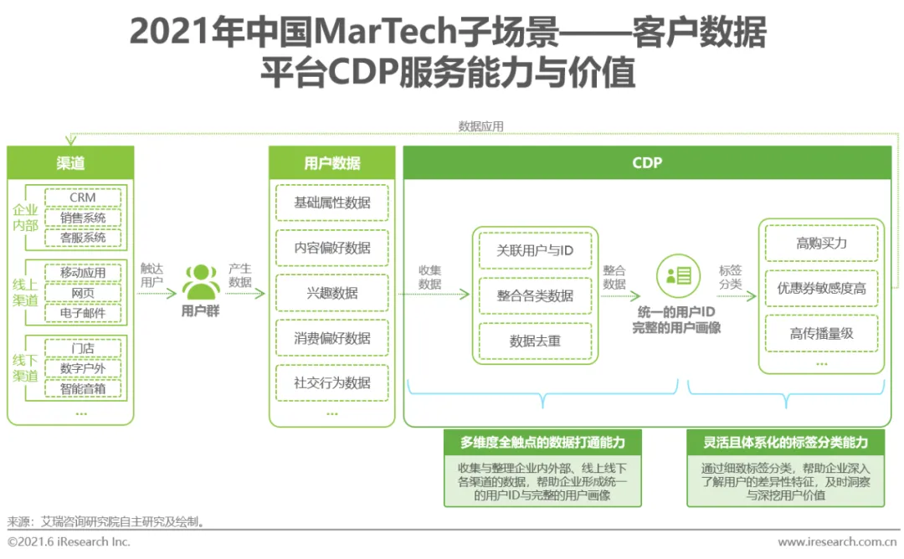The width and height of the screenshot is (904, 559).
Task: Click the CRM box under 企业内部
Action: click(x=83, y=197)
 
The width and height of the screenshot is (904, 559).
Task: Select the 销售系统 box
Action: click(x=83, y=218)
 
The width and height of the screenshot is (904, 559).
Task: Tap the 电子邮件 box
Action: click(x=83, y=314)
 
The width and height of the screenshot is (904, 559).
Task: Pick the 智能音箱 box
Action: click(x=83, y=388)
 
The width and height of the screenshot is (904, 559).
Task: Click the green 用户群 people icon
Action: click(x=201, y=282)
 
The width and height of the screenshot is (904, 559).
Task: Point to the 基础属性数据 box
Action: click(x=331, y=203)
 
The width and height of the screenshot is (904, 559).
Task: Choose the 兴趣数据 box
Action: click(x=331, y=293)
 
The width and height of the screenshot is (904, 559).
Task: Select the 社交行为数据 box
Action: click(x=331, y=383)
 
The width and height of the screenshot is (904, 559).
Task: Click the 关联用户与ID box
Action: click(x=535, y=250)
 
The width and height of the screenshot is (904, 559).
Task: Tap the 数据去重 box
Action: click(x=535, y=341)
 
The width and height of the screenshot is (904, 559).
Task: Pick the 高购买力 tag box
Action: click(x=821, y=243)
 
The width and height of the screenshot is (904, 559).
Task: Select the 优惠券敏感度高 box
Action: click(x=821, y=288)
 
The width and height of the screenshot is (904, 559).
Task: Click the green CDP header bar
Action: click(x=647, y=163)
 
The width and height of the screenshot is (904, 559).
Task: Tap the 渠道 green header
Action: click(x=70, y=163)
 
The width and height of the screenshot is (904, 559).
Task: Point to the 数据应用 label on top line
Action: click(x=481, y=126)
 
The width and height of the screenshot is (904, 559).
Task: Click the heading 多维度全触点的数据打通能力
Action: click(x=542, y=442)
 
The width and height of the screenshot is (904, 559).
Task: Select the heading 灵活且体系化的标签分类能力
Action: click(x=785, y=442)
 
